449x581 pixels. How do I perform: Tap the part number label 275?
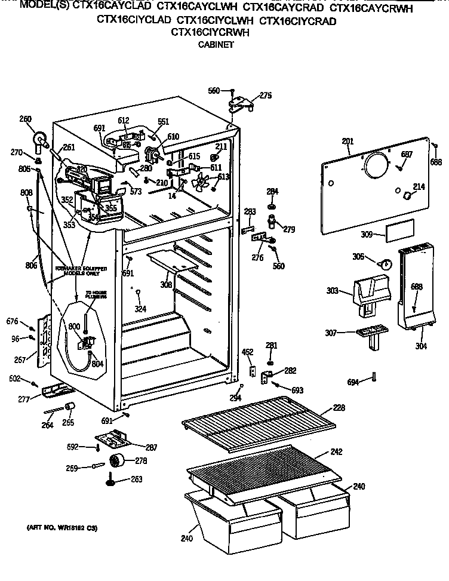265,94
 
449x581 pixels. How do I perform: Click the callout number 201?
347,141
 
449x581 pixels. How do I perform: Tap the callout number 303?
332,292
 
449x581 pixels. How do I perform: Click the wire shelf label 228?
339,408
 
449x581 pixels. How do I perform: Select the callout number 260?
25,119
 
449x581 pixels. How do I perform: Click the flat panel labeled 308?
173,259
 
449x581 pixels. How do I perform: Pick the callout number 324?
140,309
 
